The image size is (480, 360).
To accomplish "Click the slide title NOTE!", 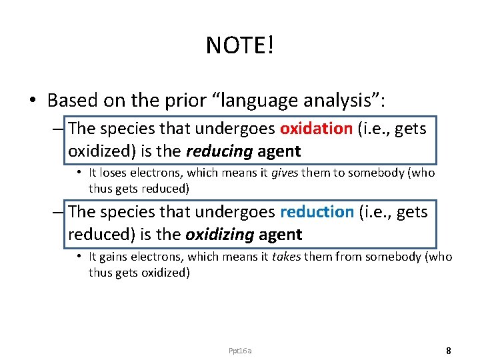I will [240, 45].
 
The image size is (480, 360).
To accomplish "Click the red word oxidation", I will [316, 129].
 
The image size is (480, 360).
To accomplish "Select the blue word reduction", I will [317, 212].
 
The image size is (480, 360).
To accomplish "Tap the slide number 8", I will [449, 350].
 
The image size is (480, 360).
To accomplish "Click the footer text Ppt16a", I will [240, 351].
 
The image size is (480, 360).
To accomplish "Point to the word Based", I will [72, 101].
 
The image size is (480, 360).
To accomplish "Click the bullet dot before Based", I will [32, 101].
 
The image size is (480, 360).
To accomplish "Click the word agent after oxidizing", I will [281, 235].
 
